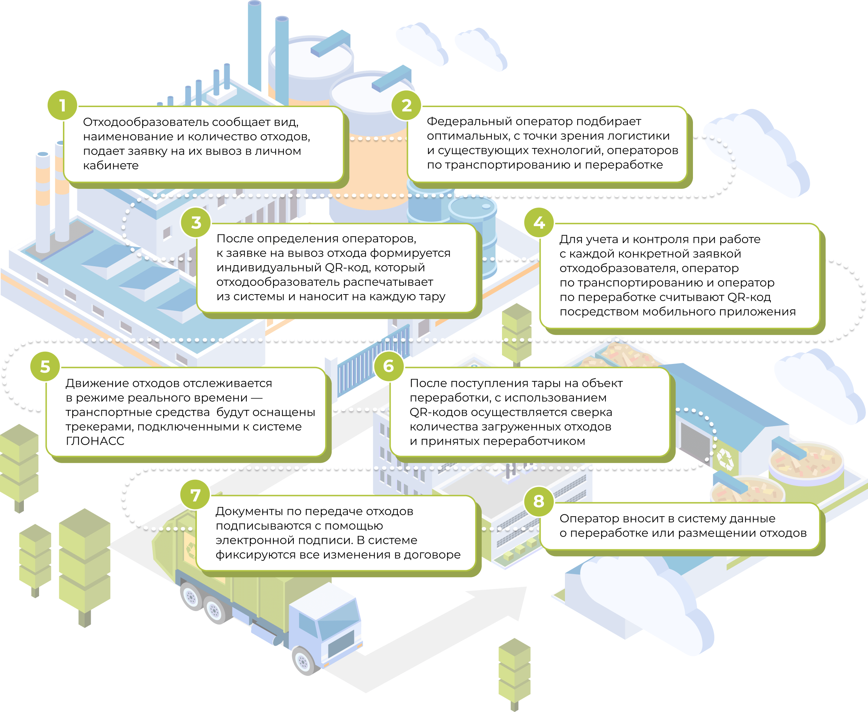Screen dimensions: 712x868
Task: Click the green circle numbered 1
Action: [62, 105]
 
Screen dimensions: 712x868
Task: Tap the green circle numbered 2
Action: [406, 105]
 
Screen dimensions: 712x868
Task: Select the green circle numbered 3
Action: [196, 222]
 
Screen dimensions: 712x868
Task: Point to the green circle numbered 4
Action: [539, 222]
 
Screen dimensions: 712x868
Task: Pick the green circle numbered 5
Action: [45, 366]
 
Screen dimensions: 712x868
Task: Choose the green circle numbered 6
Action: [389, 366]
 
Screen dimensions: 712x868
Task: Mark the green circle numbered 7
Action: [195, 495]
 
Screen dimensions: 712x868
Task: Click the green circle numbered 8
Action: [539, 501]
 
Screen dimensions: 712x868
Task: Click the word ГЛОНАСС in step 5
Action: [95, 441]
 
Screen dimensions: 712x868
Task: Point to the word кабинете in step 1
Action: [111, 166]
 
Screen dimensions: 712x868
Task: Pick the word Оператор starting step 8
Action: [589, 519]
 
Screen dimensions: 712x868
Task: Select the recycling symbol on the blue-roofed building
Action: [725, 459]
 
